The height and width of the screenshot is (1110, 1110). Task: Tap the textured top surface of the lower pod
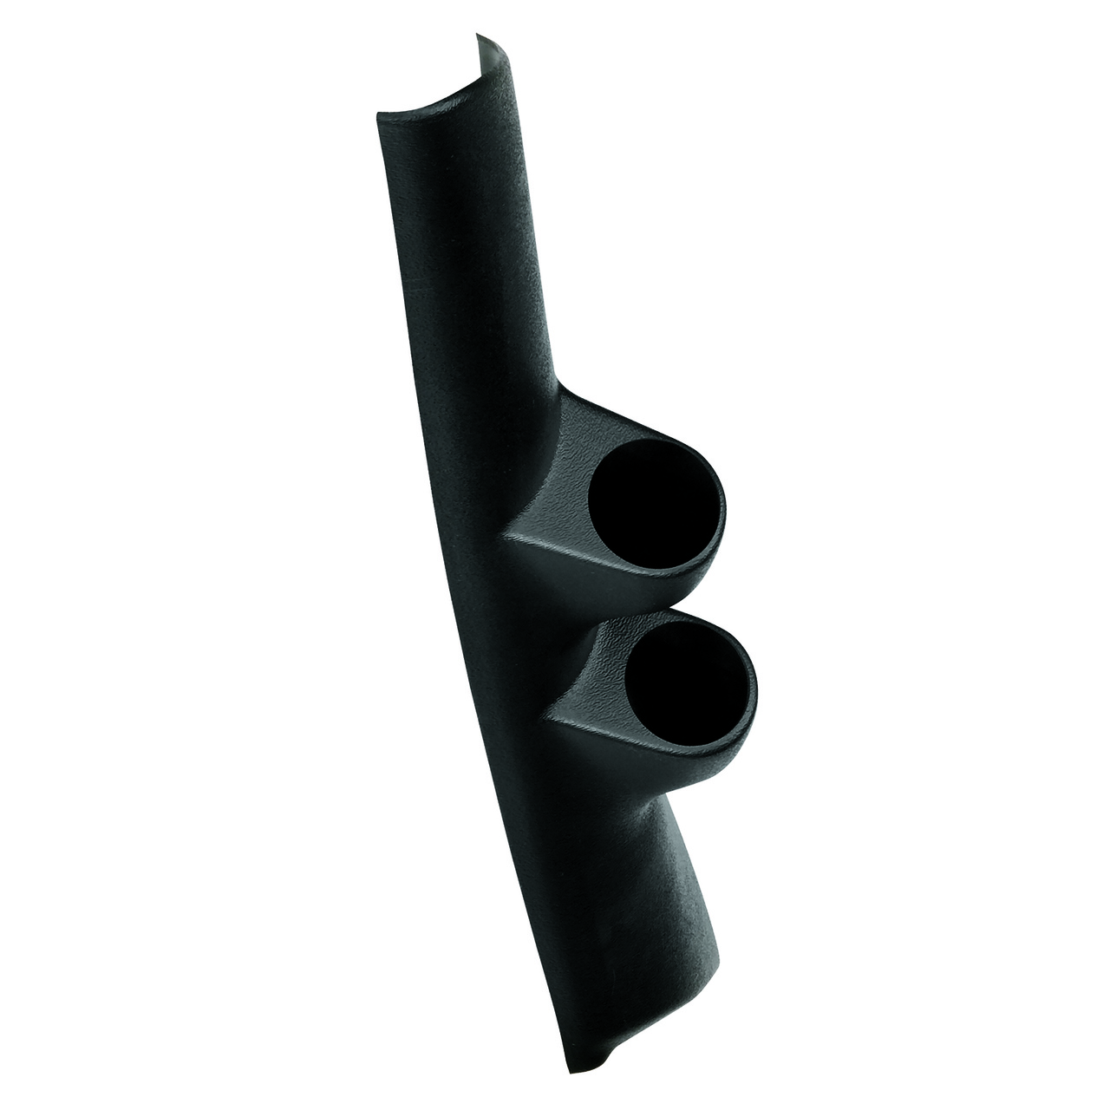[x=633, y=624]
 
